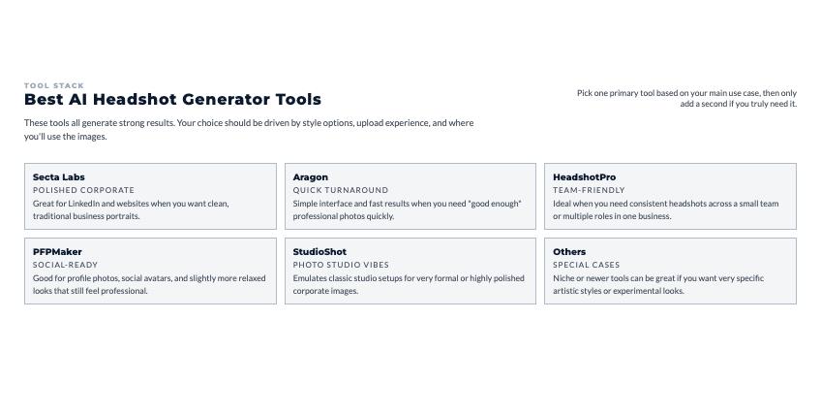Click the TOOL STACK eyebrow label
[54, 85]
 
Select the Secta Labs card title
[59, 177]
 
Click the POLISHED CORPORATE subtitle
[84, 190]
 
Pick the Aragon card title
[311, 177]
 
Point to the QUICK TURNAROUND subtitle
[341, 190]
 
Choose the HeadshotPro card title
[585, 177]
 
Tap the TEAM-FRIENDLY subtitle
[589, 190]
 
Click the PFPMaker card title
[57, 252]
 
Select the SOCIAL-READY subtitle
[66, 265]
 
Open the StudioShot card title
[319, 252]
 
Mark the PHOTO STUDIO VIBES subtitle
[341, 265]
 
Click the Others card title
[569, 252]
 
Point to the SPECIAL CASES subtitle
[587, 265]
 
